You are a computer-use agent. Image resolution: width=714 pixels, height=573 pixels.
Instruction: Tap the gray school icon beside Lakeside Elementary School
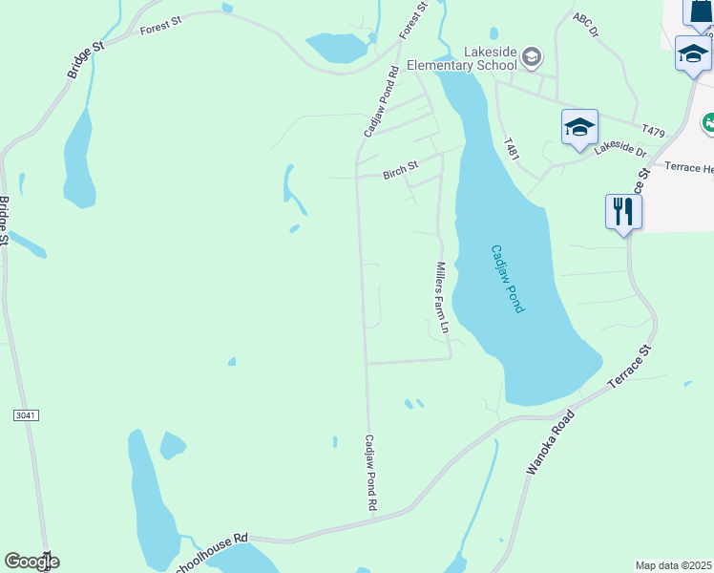tap(532, 59)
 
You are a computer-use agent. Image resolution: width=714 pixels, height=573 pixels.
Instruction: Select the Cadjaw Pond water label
tap(508, 279)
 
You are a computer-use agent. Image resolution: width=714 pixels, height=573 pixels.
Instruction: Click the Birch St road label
tap(400, 167)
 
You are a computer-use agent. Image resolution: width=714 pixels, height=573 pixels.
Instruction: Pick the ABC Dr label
tap(586, 25)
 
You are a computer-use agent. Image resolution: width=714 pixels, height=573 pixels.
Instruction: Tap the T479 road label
tap(654, 130)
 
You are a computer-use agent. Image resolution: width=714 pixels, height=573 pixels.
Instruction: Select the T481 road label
tap(512, 149)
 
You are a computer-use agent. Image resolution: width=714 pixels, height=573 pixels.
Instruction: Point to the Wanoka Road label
tap(551, 443)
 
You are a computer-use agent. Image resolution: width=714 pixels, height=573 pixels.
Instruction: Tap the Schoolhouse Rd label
tap(212, 541)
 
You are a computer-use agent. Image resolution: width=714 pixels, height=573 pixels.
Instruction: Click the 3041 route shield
tap(26, 415)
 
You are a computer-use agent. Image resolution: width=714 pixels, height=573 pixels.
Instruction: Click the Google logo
tap(31, 562)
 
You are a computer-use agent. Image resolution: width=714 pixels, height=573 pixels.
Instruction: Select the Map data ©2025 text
tap(673, 565)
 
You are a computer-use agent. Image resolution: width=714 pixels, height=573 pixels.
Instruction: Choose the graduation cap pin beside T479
tap(579, 128)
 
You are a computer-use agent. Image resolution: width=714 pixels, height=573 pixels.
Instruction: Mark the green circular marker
tap(708, 122)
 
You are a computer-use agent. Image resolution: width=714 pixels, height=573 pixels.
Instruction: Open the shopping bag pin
tap(700, 10)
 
